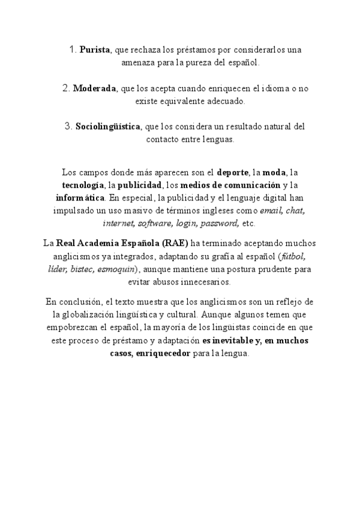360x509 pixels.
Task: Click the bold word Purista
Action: [95, 50]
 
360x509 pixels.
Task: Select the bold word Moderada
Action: [95, 88]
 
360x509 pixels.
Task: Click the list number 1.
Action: [73, 50]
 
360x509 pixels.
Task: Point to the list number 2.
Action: [66, 88]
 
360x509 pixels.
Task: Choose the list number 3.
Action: [68, 127]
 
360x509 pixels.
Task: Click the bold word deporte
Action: [233, 172]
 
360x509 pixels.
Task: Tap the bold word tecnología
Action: [83, 184]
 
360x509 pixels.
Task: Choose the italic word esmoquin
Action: [117, 269]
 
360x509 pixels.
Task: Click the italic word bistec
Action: [83, 269]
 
